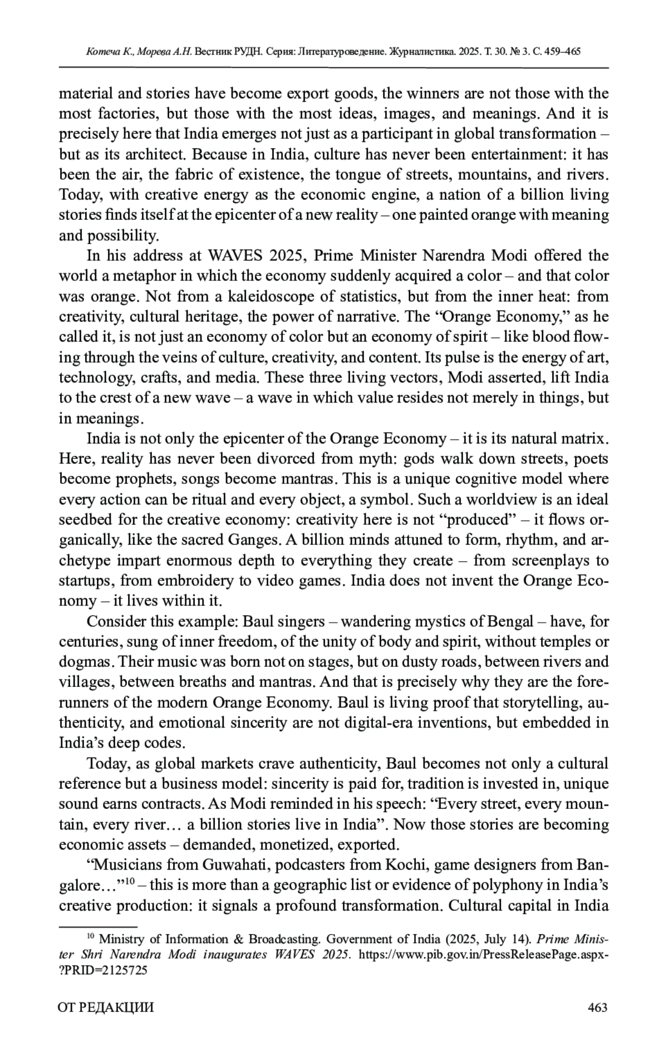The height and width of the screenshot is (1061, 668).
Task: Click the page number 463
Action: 597,1007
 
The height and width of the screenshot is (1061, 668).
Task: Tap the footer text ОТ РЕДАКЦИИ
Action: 106,1007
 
